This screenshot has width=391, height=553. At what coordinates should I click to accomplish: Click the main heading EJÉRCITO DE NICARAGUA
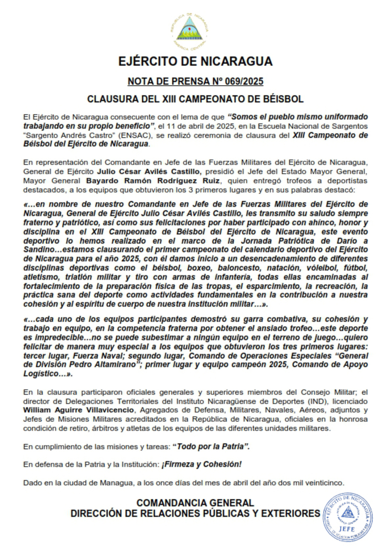pyautogui.click(x=195, y=62)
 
